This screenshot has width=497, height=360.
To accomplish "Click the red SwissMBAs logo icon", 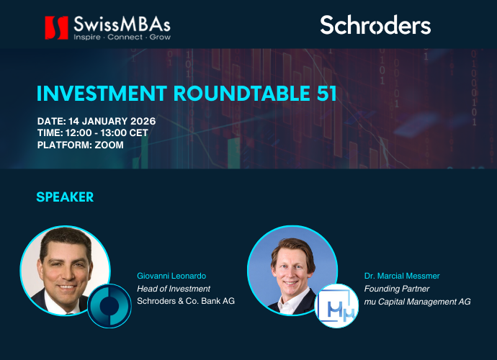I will [x=56, y=27].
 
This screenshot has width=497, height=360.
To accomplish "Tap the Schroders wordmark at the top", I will [x=375, y=25].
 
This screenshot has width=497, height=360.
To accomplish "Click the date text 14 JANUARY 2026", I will [x=114, y=120].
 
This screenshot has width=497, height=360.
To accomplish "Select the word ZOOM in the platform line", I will [x=109, y=145].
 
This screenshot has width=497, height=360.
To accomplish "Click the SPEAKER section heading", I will [x=65, y=197].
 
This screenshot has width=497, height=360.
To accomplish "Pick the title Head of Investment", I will [x=174, y=288].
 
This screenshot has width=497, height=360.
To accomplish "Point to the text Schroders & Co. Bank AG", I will [x=186, y=301].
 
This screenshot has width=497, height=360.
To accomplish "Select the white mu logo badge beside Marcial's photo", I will [x=337, y=306].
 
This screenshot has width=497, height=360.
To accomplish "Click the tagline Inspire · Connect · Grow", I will [x=122, y=36].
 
